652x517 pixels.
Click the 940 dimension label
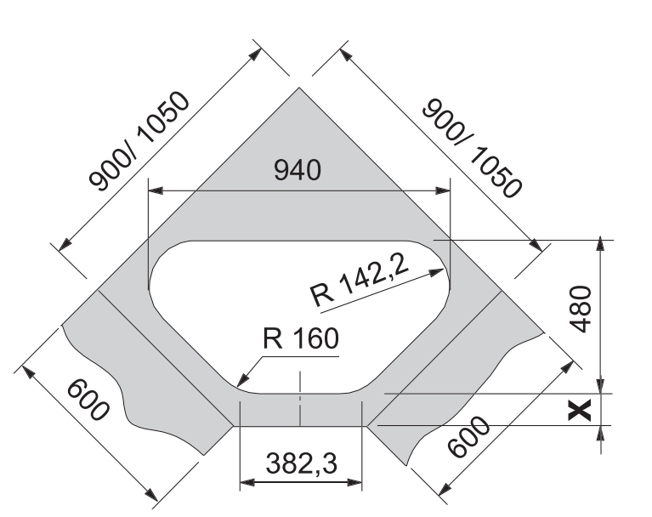tap(298, 170)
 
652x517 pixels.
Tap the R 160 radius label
tap(301, 338)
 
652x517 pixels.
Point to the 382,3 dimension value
tap(301, 463)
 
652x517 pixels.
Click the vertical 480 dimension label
tap(581, 309)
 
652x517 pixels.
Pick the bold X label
tap(580, 410)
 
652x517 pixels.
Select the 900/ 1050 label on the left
tap(139, 141)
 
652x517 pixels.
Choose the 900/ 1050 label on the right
tap(472, 148)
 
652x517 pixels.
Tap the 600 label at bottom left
tap(88, 399)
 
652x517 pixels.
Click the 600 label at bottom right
tap(468, 436)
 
